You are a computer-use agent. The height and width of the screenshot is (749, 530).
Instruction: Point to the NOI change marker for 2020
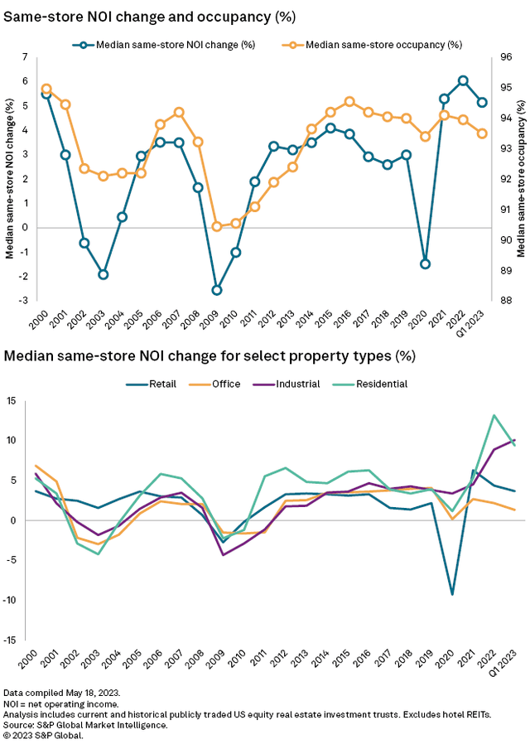(426, 263)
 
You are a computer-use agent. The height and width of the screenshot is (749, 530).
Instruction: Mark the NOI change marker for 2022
(463, 80)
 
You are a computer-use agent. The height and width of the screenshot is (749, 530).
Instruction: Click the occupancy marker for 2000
(46, 89)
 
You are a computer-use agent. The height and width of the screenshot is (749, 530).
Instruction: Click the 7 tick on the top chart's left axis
(25, 57)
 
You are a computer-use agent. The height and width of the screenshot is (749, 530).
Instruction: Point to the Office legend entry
(225, 384)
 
